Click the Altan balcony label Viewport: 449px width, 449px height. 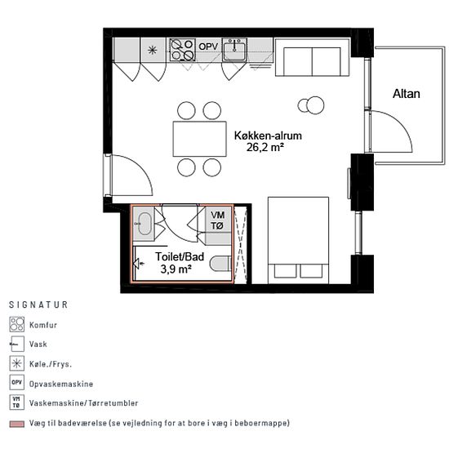[x=406, y=94]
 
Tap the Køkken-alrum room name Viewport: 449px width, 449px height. [x=268, y=136]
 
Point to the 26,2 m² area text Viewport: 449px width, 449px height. [x=265, y=148]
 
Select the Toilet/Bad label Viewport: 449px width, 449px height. [x=180, y=256]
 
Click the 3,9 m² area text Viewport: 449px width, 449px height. [x=176, y=269]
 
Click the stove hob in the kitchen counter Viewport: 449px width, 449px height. [x=182, y=50]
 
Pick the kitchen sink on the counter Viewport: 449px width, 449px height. [x=234, y=50]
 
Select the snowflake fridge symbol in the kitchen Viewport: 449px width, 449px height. [x=153, y=51]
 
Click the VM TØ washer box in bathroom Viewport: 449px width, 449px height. [x=217, y=220]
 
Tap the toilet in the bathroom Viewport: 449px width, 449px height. [x=220, y=264]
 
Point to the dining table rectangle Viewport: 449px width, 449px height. [x=199, y=139]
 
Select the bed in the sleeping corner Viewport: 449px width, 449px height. [x=298, y=240]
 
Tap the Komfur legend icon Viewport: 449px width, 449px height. [x=16, y=324]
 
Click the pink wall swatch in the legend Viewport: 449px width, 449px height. [x=16, y=424]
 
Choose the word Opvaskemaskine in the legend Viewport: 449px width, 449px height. [x=61, y=384]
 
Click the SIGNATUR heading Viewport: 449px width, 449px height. [x=38, y=305]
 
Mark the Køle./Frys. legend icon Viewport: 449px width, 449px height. [x=16, y=363]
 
